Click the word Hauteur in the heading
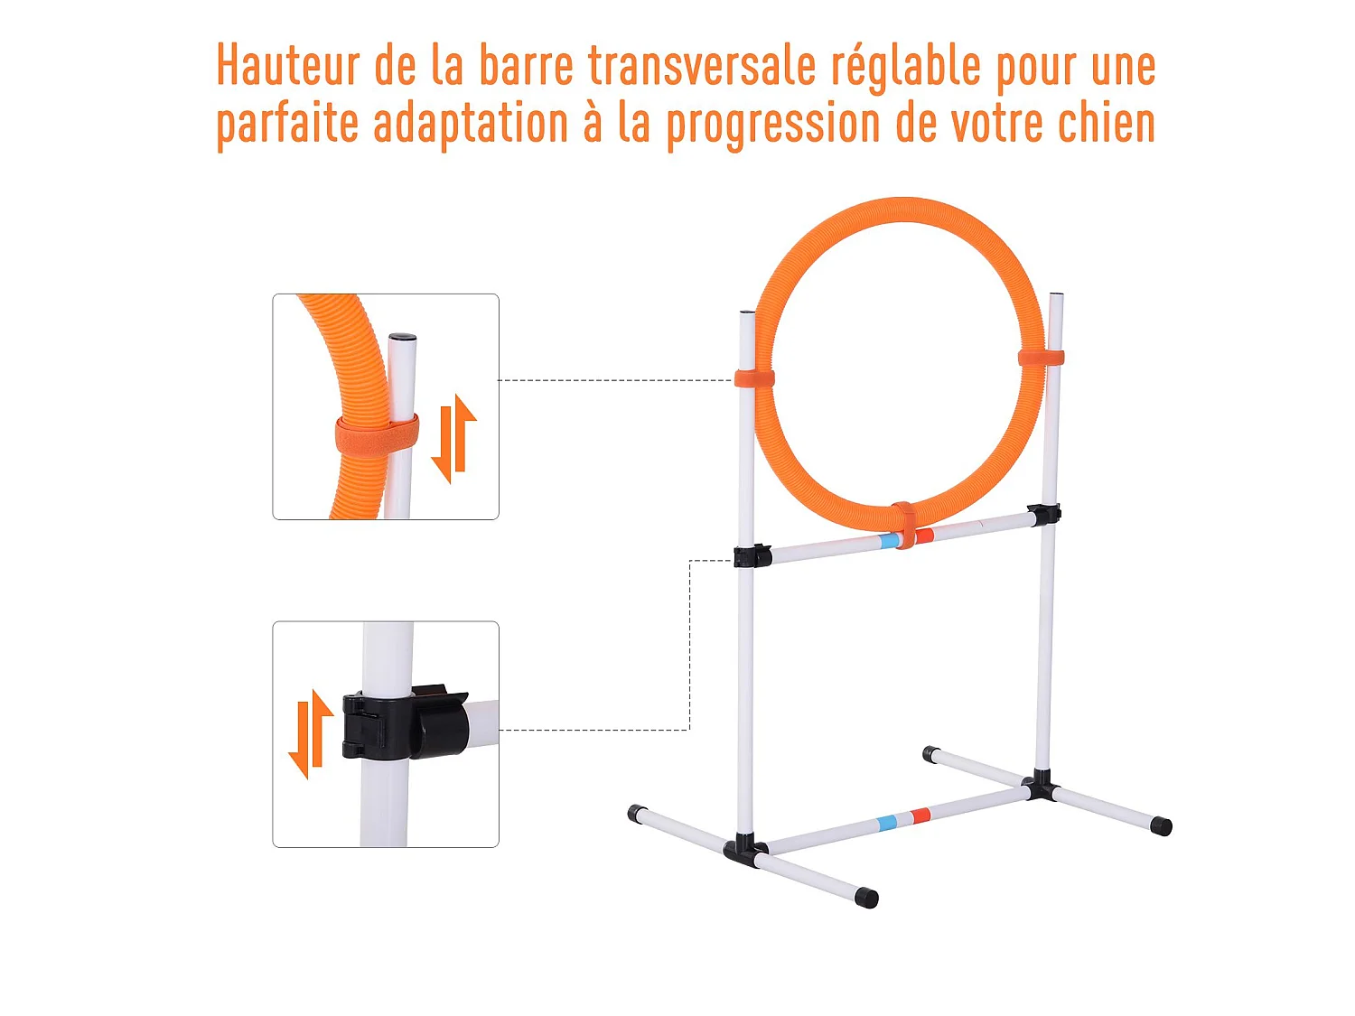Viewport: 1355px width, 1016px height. pos(288,66)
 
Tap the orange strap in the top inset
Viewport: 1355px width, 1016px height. pos(377,435)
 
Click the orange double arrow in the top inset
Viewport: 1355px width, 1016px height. pos(453,438)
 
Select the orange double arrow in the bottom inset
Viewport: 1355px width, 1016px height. pos(311,733)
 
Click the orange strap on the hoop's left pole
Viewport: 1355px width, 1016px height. pos(753,378)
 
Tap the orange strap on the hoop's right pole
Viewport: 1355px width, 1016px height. pos(1041,359)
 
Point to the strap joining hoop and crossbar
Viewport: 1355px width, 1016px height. pos(903,525)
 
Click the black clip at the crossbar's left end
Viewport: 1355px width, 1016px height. pos(752,555)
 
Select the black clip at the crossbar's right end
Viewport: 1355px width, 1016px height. pos(1044,515)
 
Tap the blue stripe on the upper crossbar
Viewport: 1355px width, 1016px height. pos(889,541)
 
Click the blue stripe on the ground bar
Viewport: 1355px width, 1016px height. pos(887,823)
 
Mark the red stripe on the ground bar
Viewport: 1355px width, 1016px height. pos(920,816)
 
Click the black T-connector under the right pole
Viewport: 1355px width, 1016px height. pos(1041,786)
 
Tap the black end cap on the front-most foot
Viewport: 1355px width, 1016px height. pos(866,898)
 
